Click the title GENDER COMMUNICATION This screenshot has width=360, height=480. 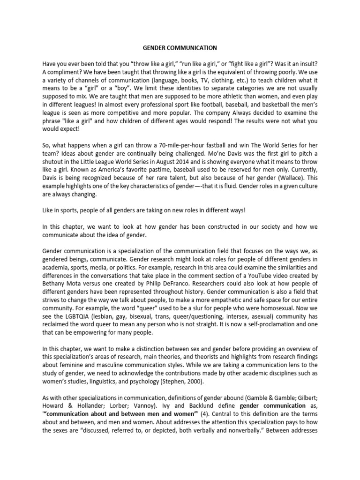pyautogui.click(x=180, y=47)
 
